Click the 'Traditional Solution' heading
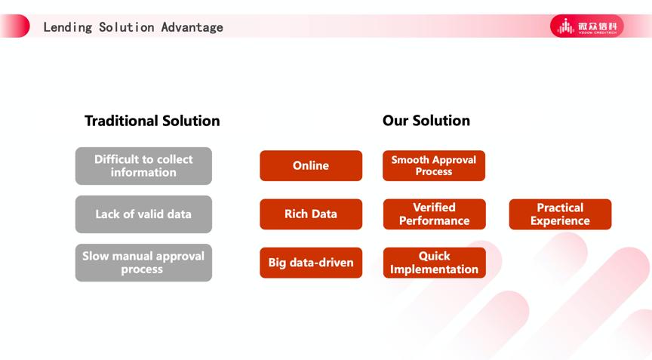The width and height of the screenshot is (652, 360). click(152, 121)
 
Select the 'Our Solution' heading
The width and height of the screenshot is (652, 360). click(426, 121)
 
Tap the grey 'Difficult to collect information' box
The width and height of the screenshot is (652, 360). click(143, 166)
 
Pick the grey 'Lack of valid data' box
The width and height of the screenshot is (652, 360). click(143, 214)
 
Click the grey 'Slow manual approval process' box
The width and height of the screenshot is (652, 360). click(143, 263)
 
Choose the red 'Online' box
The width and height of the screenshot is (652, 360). click(311, 165)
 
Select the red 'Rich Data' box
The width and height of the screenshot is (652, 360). click(311, 214)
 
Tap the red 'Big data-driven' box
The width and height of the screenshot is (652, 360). click(311, 263)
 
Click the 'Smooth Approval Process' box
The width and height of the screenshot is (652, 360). click(434, 165)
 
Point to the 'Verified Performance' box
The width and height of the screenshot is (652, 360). click(434, 214)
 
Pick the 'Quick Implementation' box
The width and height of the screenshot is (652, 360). click(434, 263)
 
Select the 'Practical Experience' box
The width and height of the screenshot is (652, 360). click(560, 214)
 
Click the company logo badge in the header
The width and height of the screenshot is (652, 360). click(586, 26)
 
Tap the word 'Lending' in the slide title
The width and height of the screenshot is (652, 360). click(68, 27)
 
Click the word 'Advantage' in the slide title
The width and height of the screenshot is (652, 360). click(192, 27)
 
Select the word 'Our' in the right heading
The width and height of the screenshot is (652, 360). click(395, 121)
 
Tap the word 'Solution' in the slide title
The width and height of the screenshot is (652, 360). click(127, 27)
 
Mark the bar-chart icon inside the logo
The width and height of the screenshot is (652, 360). click(566, 26)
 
